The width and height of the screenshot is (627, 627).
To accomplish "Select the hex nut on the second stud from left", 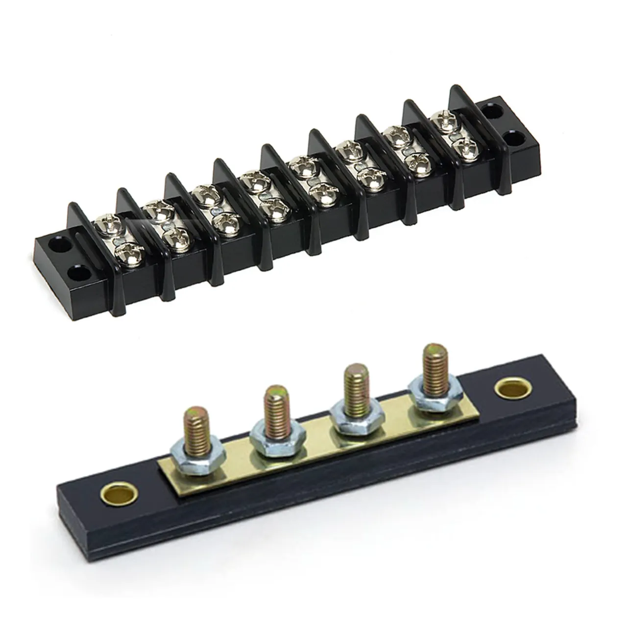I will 270,431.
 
